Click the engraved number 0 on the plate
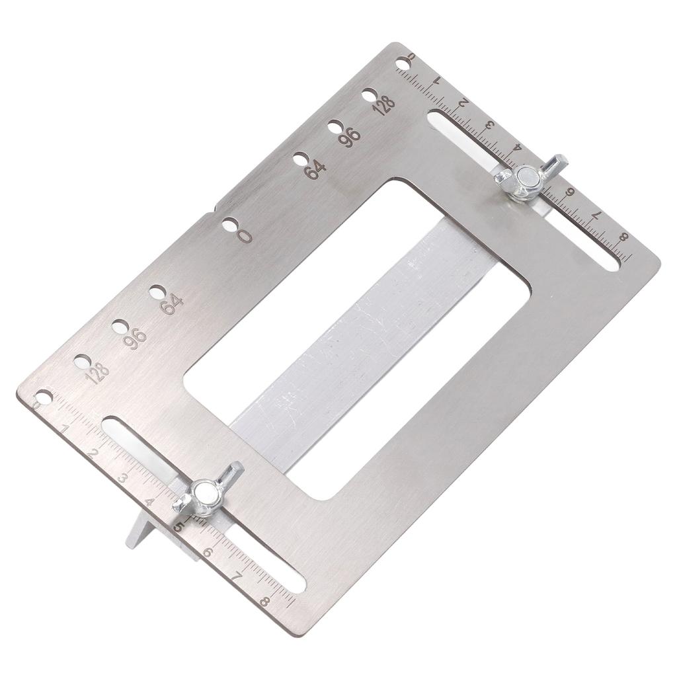[245, 235]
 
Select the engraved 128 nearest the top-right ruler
[383, 104]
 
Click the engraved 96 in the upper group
[350, 136]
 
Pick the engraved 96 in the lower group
[135, 338]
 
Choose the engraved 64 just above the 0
[315, 170]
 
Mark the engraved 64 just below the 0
[172, 303]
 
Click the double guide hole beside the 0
[229, 225]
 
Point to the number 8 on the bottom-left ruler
[265, 601]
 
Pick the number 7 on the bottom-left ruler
[237, 577]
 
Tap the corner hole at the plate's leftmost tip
[44, 397]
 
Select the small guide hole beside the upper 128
[370, 95]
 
